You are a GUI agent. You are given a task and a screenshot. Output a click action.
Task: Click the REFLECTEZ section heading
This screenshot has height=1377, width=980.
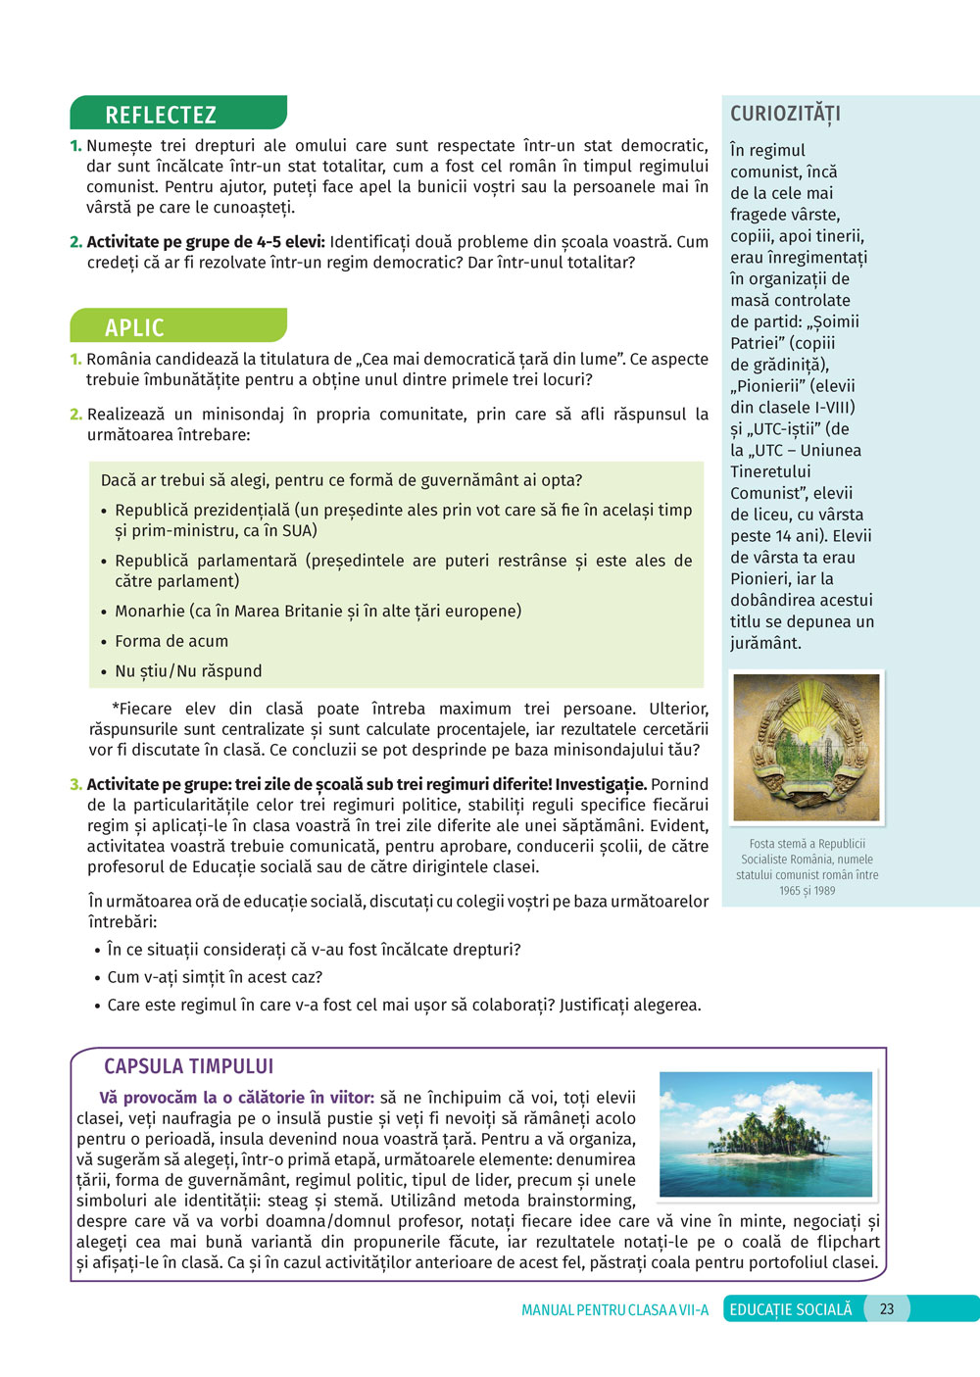pos(161,115)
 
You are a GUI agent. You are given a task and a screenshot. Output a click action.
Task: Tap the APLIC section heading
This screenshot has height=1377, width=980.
pos(134,327)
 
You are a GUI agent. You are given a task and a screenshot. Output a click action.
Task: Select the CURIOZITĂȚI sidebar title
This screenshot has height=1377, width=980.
pos(785,114)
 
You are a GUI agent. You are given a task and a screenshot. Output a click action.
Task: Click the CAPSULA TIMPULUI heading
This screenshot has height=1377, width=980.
pos(189,1066)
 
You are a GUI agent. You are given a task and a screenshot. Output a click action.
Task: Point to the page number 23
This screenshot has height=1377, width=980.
pos(887,1309)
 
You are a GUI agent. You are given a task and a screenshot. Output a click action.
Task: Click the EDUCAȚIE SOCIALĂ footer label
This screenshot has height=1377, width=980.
pos(791,1309)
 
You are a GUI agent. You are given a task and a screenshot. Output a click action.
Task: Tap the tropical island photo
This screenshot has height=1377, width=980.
pos(765,1134)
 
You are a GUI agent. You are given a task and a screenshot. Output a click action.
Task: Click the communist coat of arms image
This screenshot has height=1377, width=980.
pos(807,748)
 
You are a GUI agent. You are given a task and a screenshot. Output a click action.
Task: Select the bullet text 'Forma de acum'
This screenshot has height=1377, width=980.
pos(171,641)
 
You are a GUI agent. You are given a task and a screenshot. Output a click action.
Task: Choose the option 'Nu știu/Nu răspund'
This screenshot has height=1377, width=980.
pos(188,671)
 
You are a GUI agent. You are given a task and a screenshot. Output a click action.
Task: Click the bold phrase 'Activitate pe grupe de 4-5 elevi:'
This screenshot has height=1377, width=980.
pos(206,242)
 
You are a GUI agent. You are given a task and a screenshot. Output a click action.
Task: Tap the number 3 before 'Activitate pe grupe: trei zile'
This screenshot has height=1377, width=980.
pos(75,784)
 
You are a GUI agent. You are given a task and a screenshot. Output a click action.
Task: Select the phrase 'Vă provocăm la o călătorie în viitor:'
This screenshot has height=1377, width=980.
pos(236,1098)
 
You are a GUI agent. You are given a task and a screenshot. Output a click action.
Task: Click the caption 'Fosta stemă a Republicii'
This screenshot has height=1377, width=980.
pos(807,844)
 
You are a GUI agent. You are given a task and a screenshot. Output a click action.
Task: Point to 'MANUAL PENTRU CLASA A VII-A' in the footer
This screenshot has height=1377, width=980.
pos(614,1310)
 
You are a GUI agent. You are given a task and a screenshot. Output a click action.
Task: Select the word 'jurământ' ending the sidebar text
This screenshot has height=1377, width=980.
pos(764,644)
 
